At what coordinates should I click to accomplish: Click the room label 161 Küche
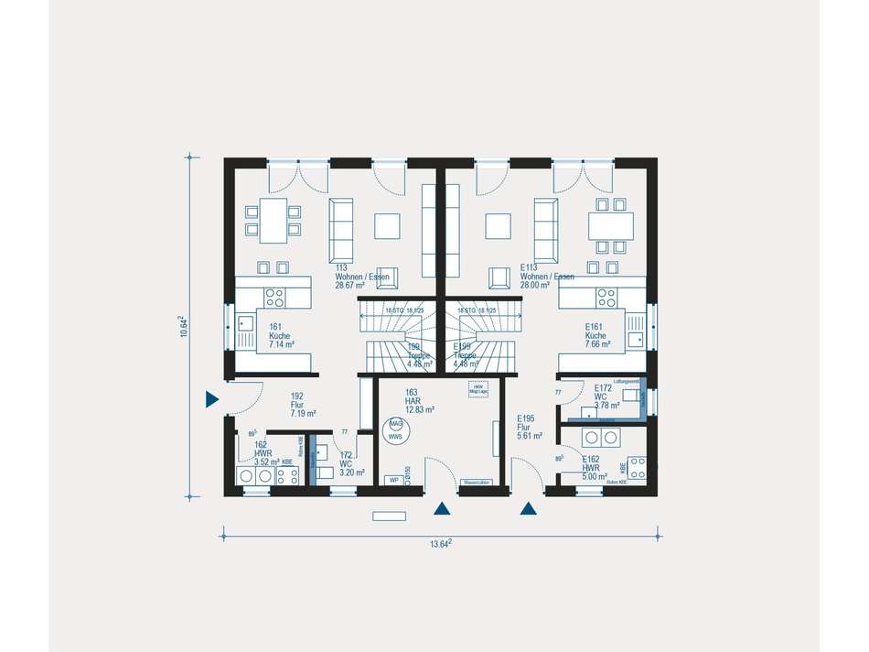coord(280,335)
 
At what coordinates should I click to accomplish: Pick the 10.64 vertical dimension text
coord(185,326)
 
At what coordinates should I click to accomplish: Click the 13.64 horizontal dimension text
coord(441,544)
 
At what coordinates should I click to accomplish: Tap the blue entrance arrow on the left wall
coord(211,398)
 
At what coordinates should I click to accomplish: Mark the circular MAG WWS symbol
coord(396,430)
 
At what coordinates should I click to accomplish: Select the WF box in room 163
coord(394,479)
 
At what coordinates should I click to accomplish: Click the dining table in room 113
coord(274,221)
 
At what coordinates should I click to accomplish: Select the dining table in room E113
coord(610,224)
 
